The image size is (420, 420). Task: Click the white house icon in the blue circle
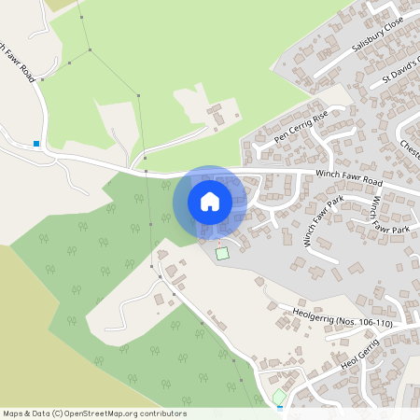coord(210,201)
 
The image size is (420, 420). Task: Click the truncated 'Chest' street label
coord(411,147)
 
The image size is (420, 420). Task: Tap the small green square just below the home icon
coord(221,253)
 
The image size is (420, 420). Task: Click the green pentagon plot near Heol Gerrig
coord(279,397)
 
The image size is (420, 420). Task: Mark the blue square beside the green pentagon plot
coord(281,408)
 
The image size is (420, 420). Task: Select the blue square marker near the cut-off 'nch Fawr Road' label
coord(35,144)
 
